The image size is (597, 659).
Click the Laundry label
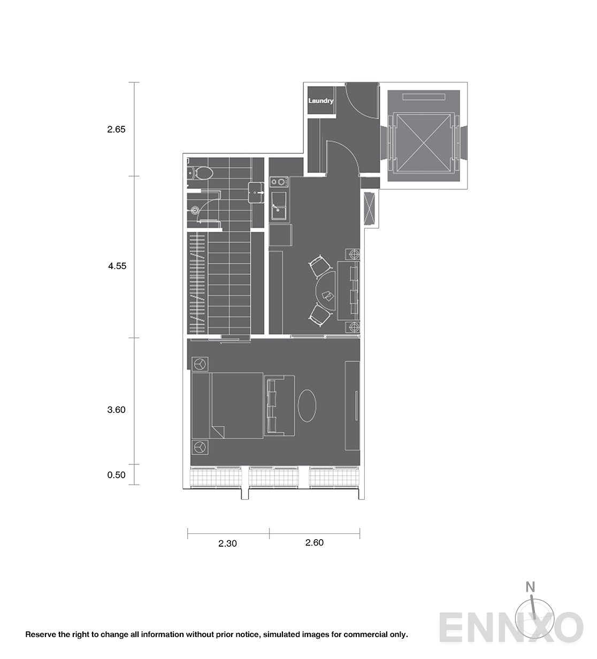320,101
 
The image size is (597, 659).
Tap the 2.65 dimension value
116,129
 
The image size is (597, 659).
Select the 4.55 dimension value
117,266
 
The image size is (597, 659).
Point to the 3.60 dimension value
116,410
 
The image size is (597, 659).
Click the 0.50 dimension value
116,475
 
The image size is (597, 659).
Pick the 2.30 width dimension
227,543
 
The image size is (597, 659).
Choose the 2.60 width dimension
315,543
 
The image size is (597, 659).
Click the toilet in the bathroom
201,173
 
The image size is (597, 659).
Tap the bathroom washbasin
256,193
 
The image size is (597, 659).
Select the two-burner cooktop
279,182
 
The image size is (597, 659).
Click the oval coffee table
307,405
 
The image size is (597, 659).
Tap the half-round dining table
325,291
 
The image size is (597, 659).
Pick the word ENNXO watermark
511,628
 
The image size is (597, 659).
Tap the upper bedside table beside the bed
200,364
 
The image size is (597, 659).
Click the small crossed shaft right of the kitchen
370,209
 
